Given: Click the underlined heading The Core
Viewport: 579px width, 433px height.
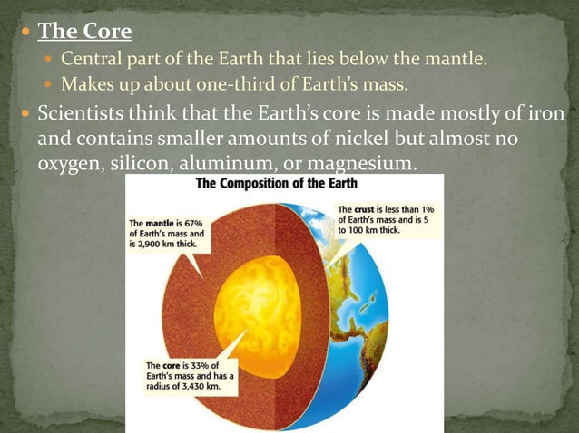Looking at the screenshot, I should click(84, 32).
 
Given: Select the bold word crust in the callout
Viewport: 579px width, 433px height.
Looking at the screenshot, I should click(373, 209).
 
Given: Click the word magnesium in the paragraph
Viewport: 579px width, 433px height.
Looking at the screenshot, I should click(370, 165).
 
